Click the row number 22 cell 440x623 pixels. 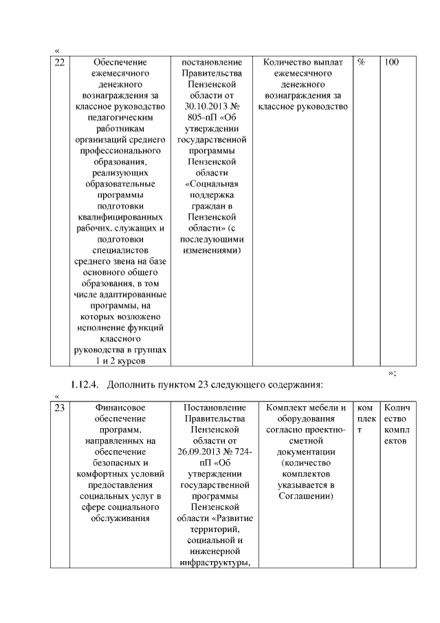point(60,63)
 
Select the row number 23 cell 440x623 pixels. point(60,408)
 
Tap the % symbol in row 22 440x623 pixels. point(362,63)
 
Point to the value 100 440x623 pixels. point(391,63)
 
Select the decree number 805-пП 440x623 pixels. point(197,118)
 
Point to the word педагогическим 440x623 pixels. point(120,118)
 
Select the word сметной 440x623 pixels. point(305,441)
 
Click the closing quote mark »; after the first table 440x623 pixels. point(392,372)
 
